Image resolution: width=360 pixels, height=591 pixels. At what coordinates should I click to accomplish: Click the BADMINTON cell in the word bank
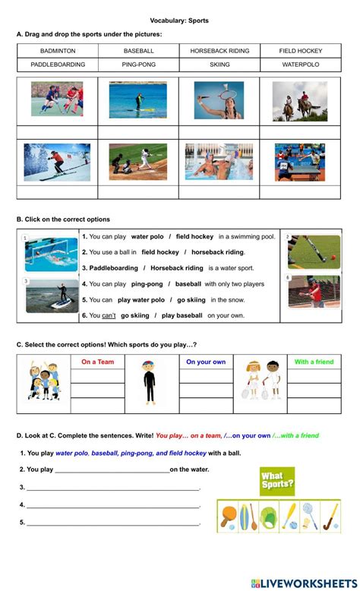[x=58, y=51]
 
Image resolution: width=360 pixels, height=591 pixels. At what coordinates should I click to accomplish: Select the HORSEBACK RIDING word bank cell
[x=219, y=51]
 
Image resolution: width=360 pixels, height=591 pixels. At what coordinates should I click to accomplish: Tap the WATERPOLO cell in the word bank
[x=301, y=65]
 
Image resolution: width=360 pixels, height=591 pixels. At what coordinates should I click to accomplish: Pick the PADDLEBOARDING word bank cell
[x=58, y=65]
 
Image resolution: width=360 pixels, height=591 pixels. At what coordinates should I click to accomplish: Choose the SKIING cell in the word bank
[x=219, y=65]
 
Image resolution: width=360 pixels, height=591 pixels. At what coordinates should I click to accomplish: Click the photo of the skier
[x=57, y=162]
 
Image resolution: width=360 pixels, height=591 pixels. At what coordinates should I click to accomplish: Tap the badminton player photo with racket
[x=219, y=101]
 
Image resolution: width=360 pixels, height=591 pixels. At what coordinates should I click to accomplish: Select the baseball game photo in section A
[x=138, y=162]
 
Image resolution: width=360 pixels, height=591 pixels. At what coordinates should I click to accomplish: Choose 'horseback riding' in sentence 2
[x=218, y=252]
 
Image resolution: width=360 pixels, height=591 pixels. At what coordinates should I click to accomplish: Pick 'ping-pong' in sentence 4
[x=147, y=283]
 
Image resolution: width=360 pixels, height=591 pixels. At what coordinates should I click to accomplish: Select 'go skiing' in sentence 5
[x=191, y=299]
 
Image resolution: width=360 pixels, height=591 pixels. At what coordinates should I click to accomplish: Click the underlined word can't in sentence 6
[x=109, y=315]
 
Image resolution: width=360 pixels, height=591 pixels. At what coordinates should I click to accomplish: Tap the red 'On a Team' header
[x=98, y=362]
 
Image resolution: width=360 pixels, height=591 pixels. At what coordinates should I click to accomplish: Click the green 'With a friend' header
[x=314, y=362]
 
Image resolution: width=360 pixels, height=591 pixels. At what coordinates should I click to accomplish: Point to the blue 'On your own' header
[x=206, y=362]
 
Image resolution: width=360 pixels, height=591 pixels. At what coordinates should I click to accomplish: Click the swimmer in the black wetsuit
[x=149, y=384]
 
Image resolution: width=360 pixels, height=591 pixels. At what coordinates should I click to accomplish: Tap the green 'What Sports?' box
[x=277, y=480]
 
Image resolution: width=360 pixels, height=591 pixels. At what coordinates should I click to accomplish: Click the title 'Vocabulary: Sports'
[x=180, y=21]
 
